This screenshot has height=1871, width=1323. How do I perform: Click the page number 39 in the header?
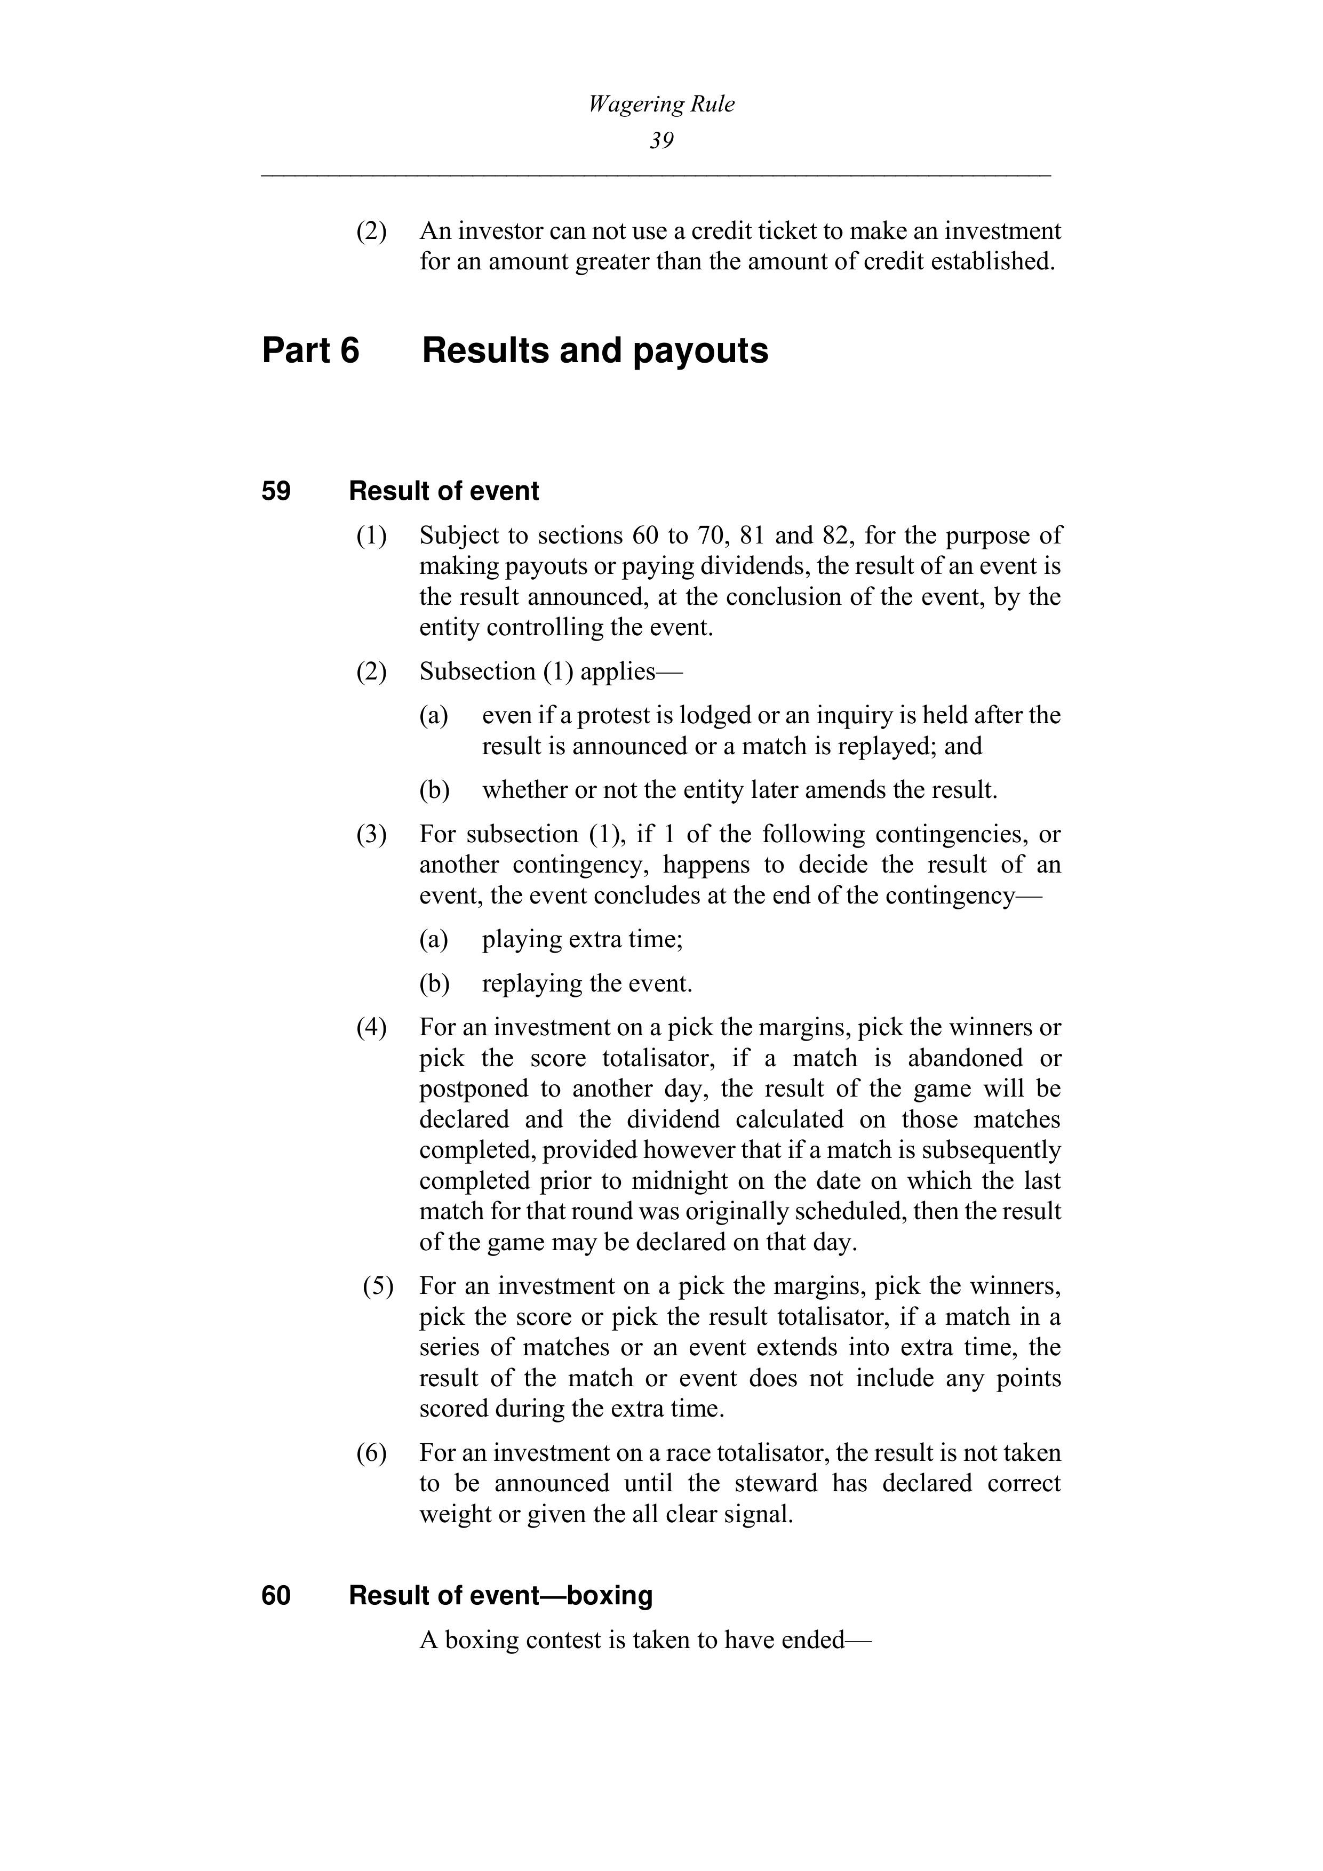pyautogui.click(x=661, y=141)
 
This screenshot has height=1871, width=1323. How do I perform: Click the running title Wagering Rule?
pyautogui.click(x=661, y=105)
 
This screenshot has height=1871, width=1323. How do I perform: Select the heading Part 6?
pyautogui.click(x=310, y=351)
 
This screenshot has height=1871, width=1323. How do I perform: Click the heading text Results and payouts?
pyautogui.click(x=595, y=351)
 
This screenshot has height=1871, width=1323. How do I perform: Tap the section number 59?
pyautogui.click(x=276, y=491)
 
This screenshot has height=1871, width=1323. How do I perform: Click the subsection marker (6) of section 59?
pyautogui.click(x=372, y=1453)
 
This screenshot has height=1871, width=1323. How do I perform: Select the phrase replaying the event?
pyautogui.click(x=587, y=984)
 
